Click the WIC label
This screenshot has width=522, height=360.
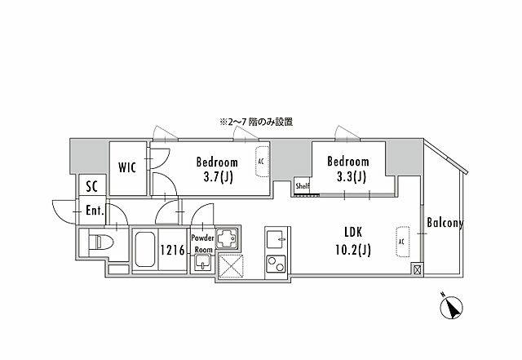[126, 168]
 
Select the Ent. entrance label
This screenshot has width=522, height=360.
[95, 210]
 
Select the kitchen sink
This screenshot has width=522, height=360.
[275, 240]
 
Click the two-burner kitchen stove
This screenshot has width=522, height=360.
[275, 264]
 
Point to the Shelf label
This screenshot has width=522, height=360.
[302, 185]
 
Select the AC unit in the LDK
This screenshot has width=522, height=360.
[401, 241]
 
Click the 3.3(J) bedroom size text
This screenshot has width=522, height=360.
[347, 176]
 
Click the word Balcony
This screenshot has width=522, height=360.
[445, 223]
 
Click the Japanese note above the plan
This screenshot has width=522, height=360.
[255, 122]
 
